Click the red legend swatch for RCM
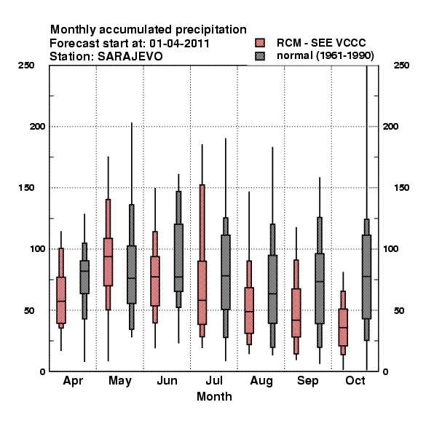pos(260,43)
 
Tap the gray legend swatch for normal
pos(260,56)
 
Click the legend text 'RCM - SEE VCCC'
pos(321,43)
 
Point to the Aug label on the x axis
pos(261,381)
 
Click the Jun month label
pos(167,380)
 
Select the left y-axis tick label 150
pos(26,188)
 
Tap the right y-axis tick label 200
pos(390,126)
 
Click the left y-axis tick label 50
pos(29,310)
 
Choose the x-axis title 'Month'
pos(214,397)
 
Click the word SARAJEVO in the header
pos(130,57)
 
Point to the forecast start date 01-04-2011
pos(179,44)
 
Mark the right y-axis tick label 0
pos(386,371)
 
